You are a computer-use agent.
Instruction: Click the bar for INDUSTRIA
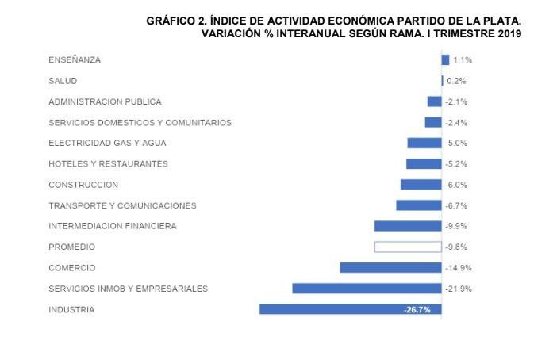350,309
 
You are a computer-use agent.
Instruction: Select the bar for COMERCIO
390,268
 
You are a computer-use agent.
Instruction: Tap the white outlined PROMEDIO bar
408,247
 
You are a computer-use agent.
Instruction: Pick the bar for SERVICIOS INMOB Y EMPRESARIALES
367,289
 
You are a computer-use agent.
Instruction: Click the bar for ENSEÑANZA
445,59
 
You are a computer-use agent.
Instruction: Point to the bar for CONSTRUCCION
421,185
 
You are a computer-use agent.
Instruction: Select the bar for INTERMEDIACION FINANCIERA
408,226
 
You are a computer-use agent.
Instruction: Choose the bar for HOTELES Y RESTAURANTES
424,163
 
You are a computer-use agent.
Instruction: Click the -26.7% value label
417,310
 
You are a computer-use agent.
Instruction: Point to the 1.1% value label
463,60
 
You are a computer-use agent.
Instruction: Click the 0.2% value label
456,81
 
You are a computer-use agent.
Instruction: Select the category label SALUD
63,81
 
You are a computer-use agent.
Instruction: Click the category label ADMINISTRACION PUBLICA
105,101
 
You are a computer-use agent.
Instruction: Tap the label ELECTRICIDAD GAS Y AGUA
107,143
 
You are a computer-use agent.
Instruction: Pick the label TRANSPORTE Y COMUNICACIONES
122,205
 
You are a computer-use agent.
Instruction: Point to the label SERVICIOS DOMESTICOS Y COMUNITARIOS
140,122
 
